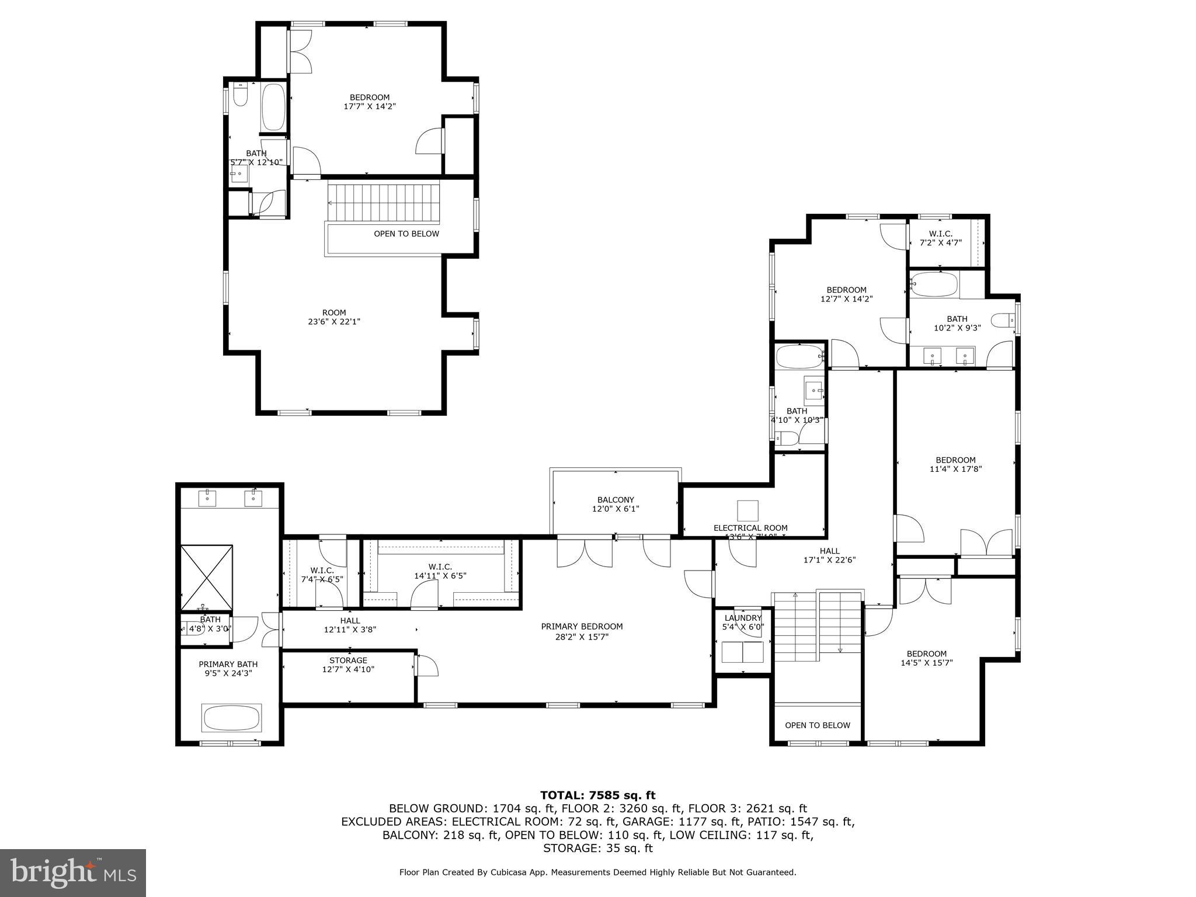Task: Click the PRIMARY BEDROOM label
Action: (582, 627)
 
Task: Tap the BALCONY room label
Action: (616, 500)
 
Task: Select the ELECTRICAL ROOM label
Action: (750, 528)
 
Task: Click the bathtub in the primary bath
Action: (232, 718)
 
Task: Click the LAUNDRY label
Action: (743, 618)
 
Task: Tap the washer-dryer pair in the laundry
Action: (742, 652)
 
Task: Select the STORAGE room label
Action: (348, 660)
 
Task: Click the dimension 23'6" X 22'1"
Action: (333, 322)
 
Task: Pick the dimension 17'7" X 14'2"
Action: (370, 107)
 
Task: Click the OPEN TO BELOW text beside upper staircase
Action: (406, 234)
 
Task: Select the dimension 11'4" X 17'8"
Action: (955, 469)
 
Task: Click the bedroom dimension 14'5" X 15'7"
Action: (927, 663)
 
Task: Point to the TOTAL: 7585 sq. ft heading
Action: (597, 795)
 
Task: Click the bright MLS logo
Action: (73, 873)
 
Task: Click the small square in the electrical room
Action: (747, 510)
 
